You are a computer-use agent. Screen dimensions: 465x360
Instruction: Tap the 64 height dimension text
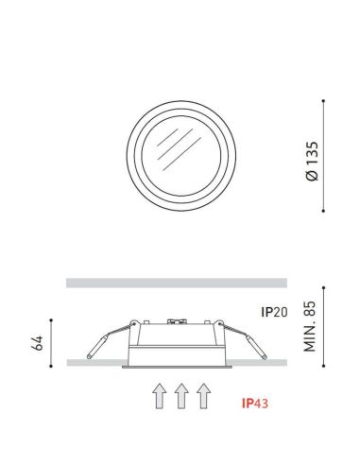click(x=37, y=342)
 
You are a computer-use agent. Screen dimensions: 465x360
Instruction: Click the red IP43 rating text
click(x=256, y=403)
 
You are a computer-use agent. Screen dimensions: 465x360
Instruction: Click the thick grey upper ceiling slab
click(x=177, y=282)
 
